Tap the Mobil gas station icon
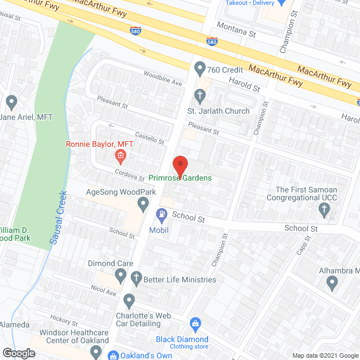coord(162,214)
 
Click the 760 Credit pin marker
coord(199,69)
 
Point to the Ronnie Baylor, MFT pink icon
coord(119,155)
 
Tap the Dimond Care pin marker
coord(120,275)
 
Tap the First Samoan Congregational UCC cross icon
coord(323,210)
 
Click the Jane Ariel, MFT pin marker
coord(11,102)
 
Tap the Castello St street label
coord(149,136)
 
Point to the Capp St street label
coord(304,246)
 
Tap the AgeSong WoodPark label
coord(120,192)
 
